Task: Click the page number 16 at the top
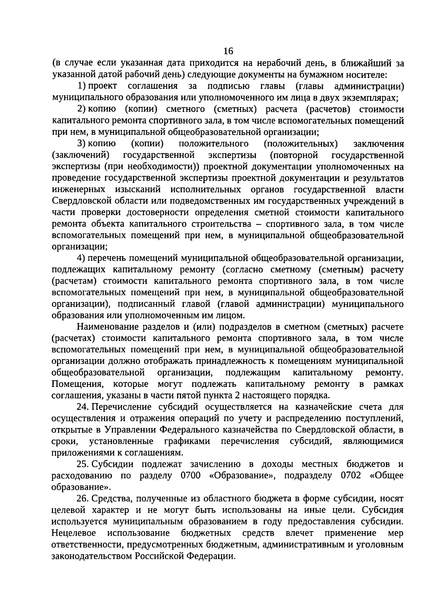[x=228, y=51]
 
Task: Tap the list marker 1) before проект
[x=82, y=86]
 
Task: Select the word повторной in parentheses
[x=294, y=155]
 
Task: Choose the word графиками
[x=187, y=441]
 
